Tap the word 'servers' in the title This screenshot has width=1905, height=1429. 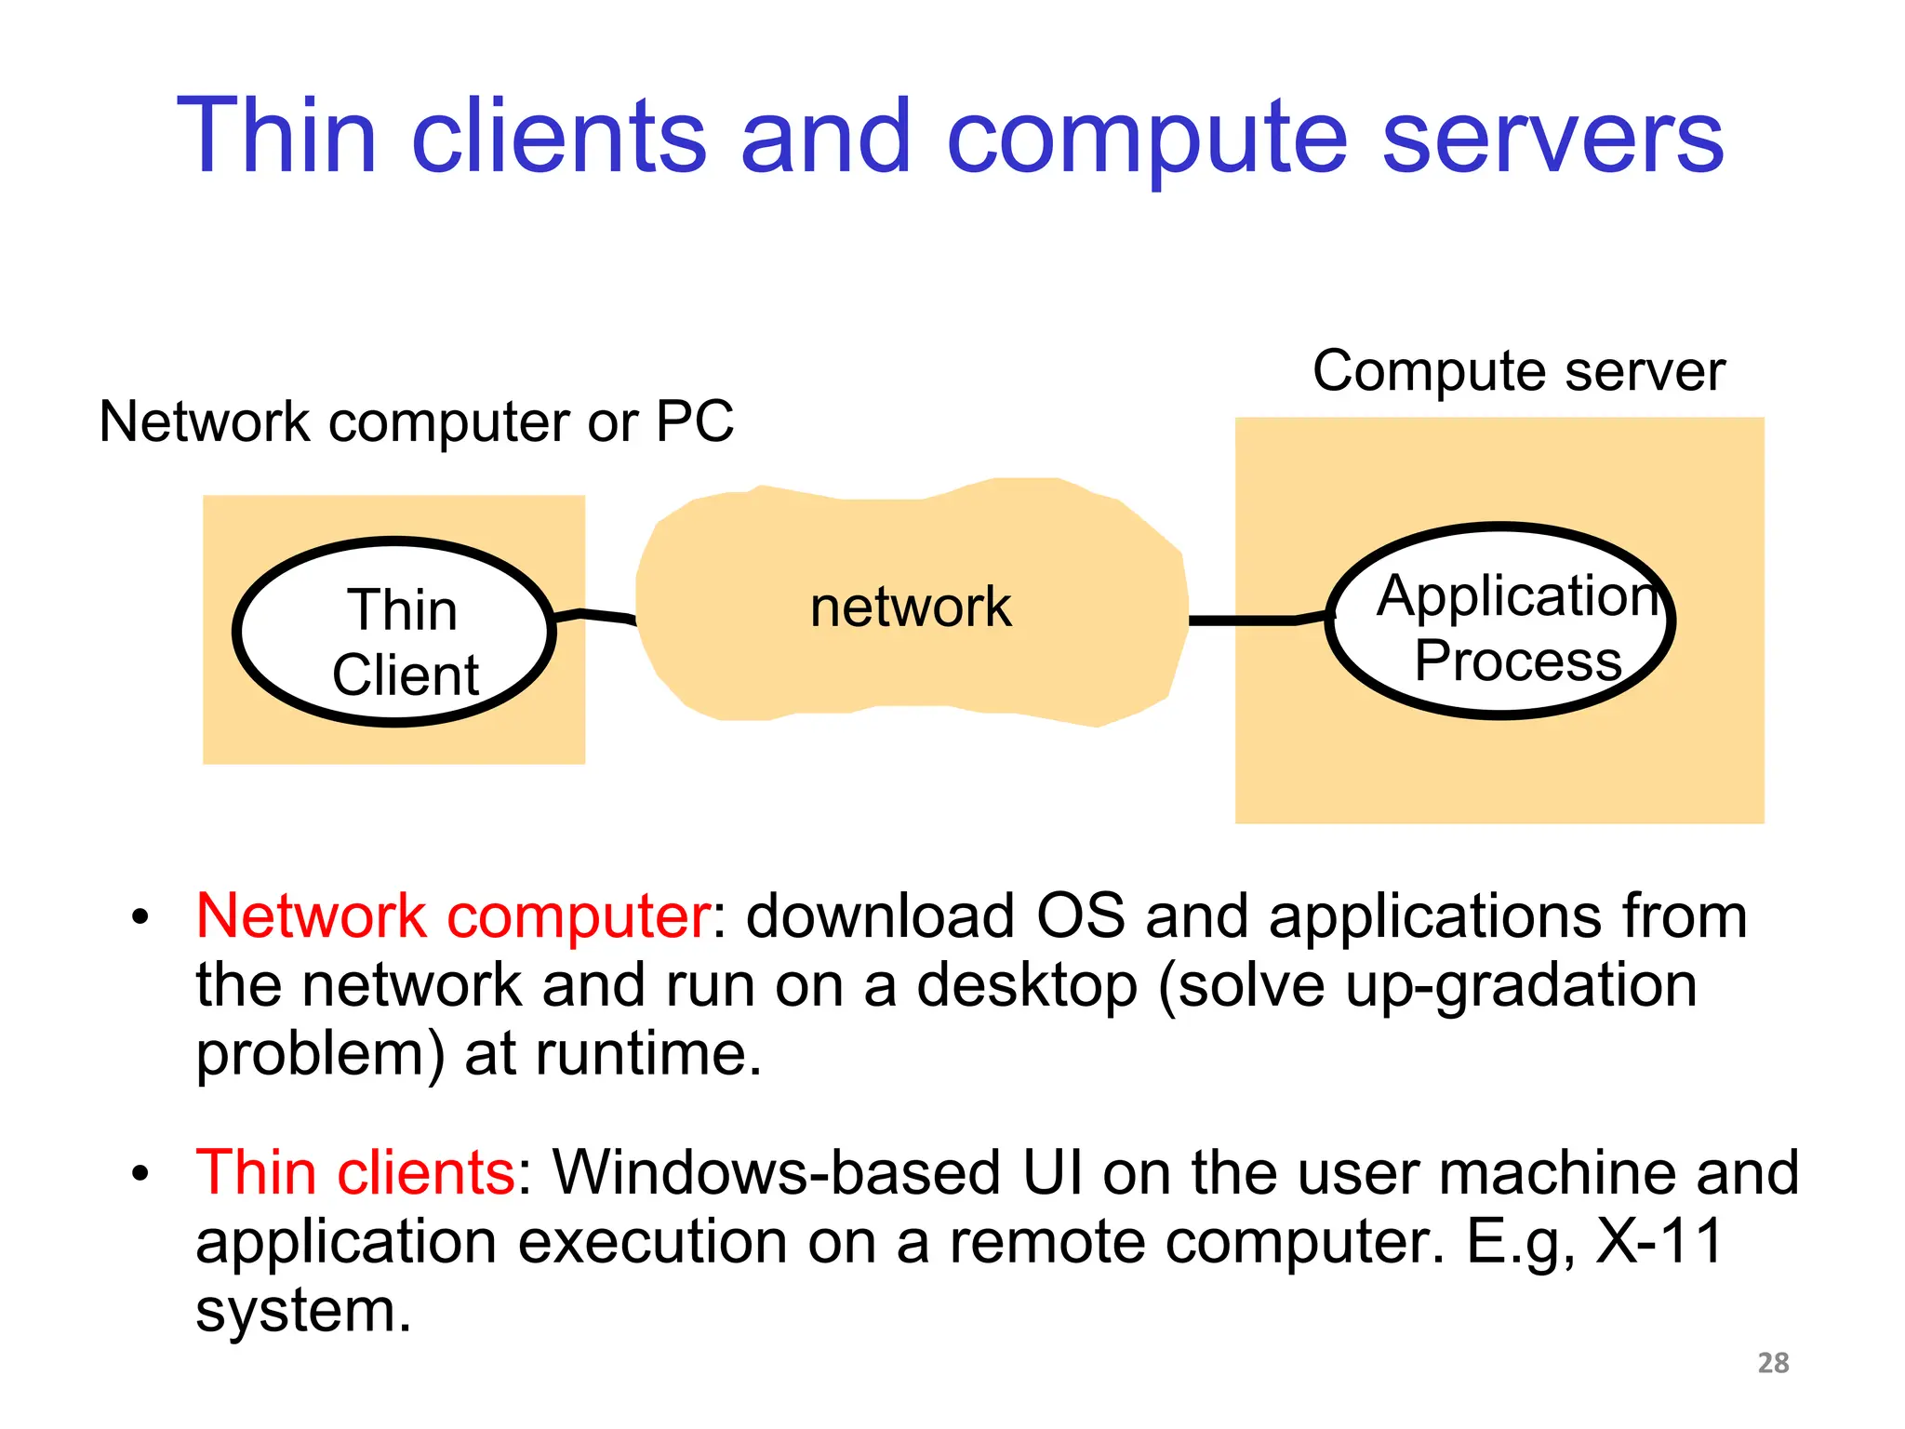pyautogui.click(x=1552, y=138)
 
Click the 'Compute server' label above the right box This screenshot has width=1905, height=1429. pyautogui.click(x=1518, y=370)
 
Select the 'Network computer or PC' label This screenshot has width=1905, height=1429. pyautogui.click(x=416, y=421)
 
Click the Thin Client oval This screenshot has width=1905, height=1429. pyautogui.click(x=394, y=633)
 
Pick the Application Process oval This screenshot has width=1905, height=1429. pyautogui.click(x=1499, y=621)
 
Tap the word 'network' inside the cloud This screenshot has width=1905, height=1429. pyautogui.click(x=910, y=607)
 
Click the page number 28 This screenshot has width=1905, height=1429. pyautogui.click(x=1773, y=1363)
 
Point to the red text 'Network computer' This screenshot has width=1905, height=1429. pyautogui.click(x=453, y=916)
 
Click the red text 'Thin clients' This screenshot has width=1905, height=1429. pyautogui.click(x=355, y=1172)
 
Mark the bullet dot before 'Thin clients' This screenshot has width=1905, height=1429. pyautogui.click(x=140, y=1174)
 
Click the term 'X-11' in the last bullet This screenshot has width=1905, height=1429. pyautogui.click(x=1659, y=1241)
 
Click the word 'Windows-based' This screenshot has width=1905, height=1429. pyautogui.click(x=776, y=1172)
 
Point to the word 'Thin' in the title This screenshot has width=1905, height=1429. pyautogui.click(x=276, y=138)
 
